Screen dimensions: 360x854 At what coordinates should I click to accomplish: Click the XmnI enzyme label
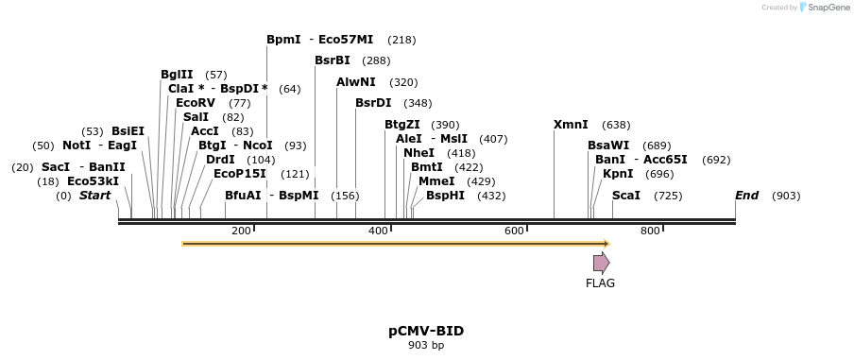tap(571, 125)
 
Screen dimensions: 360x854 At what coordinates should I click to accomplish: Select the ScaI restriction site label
tap(626, 196)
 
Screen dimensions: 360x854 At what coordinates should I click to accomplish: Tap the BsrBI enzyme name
tap(333, 60)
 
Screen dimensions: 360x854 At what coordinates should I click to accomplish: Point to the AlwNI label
tap(356, 82)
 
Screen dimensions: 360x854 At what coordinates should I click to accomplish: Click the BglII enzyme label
tap(177, 75)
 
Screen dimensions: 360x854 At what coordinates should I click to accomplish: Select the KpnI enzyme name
tap(618, 174)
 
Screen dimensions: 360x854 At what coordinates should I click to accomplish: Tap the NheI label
tap(418, 153)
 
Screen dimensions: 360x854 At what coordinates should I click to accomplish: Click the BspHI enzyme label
tap(445, 196)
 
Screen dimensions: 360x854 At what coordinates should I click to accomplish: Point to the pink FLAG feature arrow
tap(601, 263)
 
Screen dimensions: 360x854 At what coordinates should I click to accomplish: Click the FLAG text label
tap(600, 283)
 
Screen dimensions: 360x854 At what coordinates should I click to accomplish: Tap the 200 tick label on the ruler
tap(241, 231)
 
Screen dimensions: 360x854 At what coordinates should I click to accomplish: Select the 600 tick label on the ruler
tap(514, 231)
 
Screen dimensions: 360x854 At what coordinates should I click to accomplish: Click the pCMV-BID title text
tap(426, 331)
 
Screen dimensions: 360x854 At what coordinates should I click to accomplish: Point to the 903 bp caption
tap(426, 346)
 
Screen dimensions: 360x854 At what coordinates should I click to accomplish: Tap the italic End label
tap(746, 196)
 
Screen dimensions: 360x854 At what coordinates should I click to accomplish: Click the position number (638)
tap(616, 125)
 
